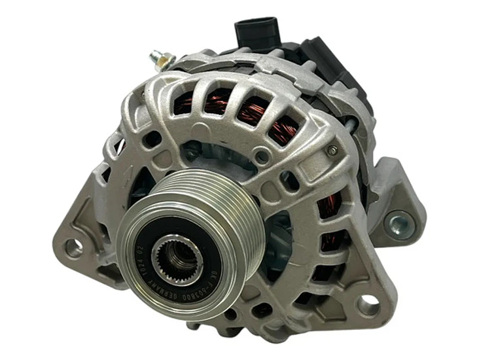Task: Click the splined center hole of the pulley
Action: (175, 258)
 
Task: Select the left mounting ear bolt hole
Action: (73, 247)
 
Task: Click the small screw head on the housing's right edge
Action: (333, 151)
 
